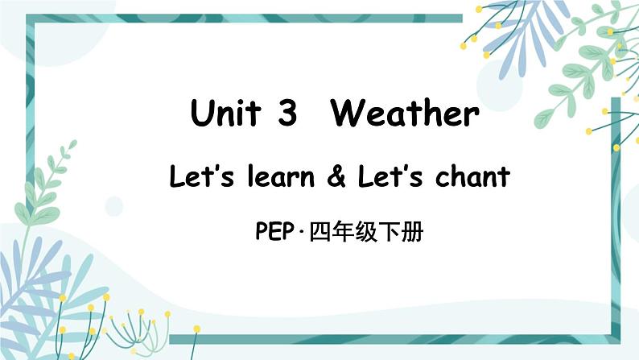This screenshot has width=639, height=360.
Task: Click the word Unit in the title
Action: [225, 114]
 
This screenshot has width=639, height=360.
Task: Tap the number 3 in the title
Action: [286, 114]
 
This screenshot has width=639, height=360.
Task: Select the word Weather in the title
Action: [405, 114]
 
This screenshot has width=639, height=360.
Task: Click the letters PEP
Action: [273, 233]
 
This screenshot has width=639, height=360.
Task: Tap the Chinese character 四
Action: [319, 233]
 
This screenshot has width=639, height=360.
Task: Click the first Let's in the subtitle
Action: [196, 176]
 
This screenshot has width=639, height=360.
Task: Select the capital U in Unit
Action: [202, 114]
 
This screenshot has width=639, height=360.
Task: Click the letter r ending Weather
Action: [472, 117]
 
